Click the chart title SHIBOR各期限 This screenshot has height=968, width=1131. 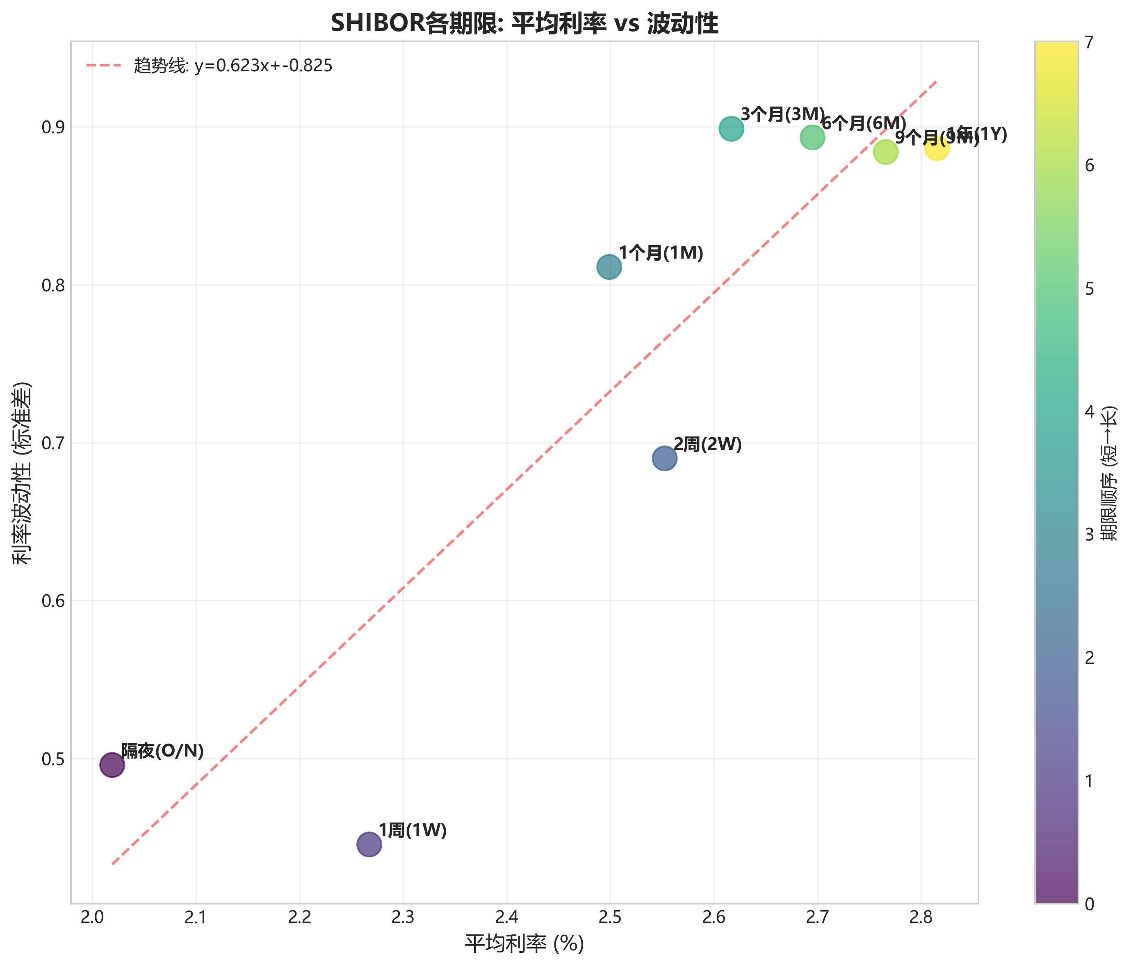pos(524,24)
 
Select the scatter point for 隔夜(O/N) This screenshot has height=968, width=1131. pos(112,765)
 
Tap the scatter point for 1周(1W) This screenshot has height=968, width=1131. pos(369,844)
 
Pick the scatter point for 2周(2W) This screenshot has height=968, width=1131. pos(664,458)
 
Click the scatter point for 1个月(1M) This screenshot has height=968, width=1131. pos(609,267)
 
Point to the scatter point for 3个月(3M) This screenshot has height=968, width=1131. pos(732,129)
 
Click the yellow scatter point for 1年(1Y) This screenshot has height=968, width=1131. pos(937,148)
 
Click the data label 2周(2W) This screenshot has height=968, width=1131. pos(707,444)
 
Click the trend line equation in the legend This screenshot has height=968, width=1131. pos(233,66)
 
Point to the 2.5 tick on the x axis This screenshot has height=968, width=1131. pos(610,919)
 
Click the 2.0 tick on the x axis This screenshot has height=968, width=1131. pos(92,919)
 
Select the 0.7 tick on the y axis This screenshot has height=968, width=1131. pos(52,443)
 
